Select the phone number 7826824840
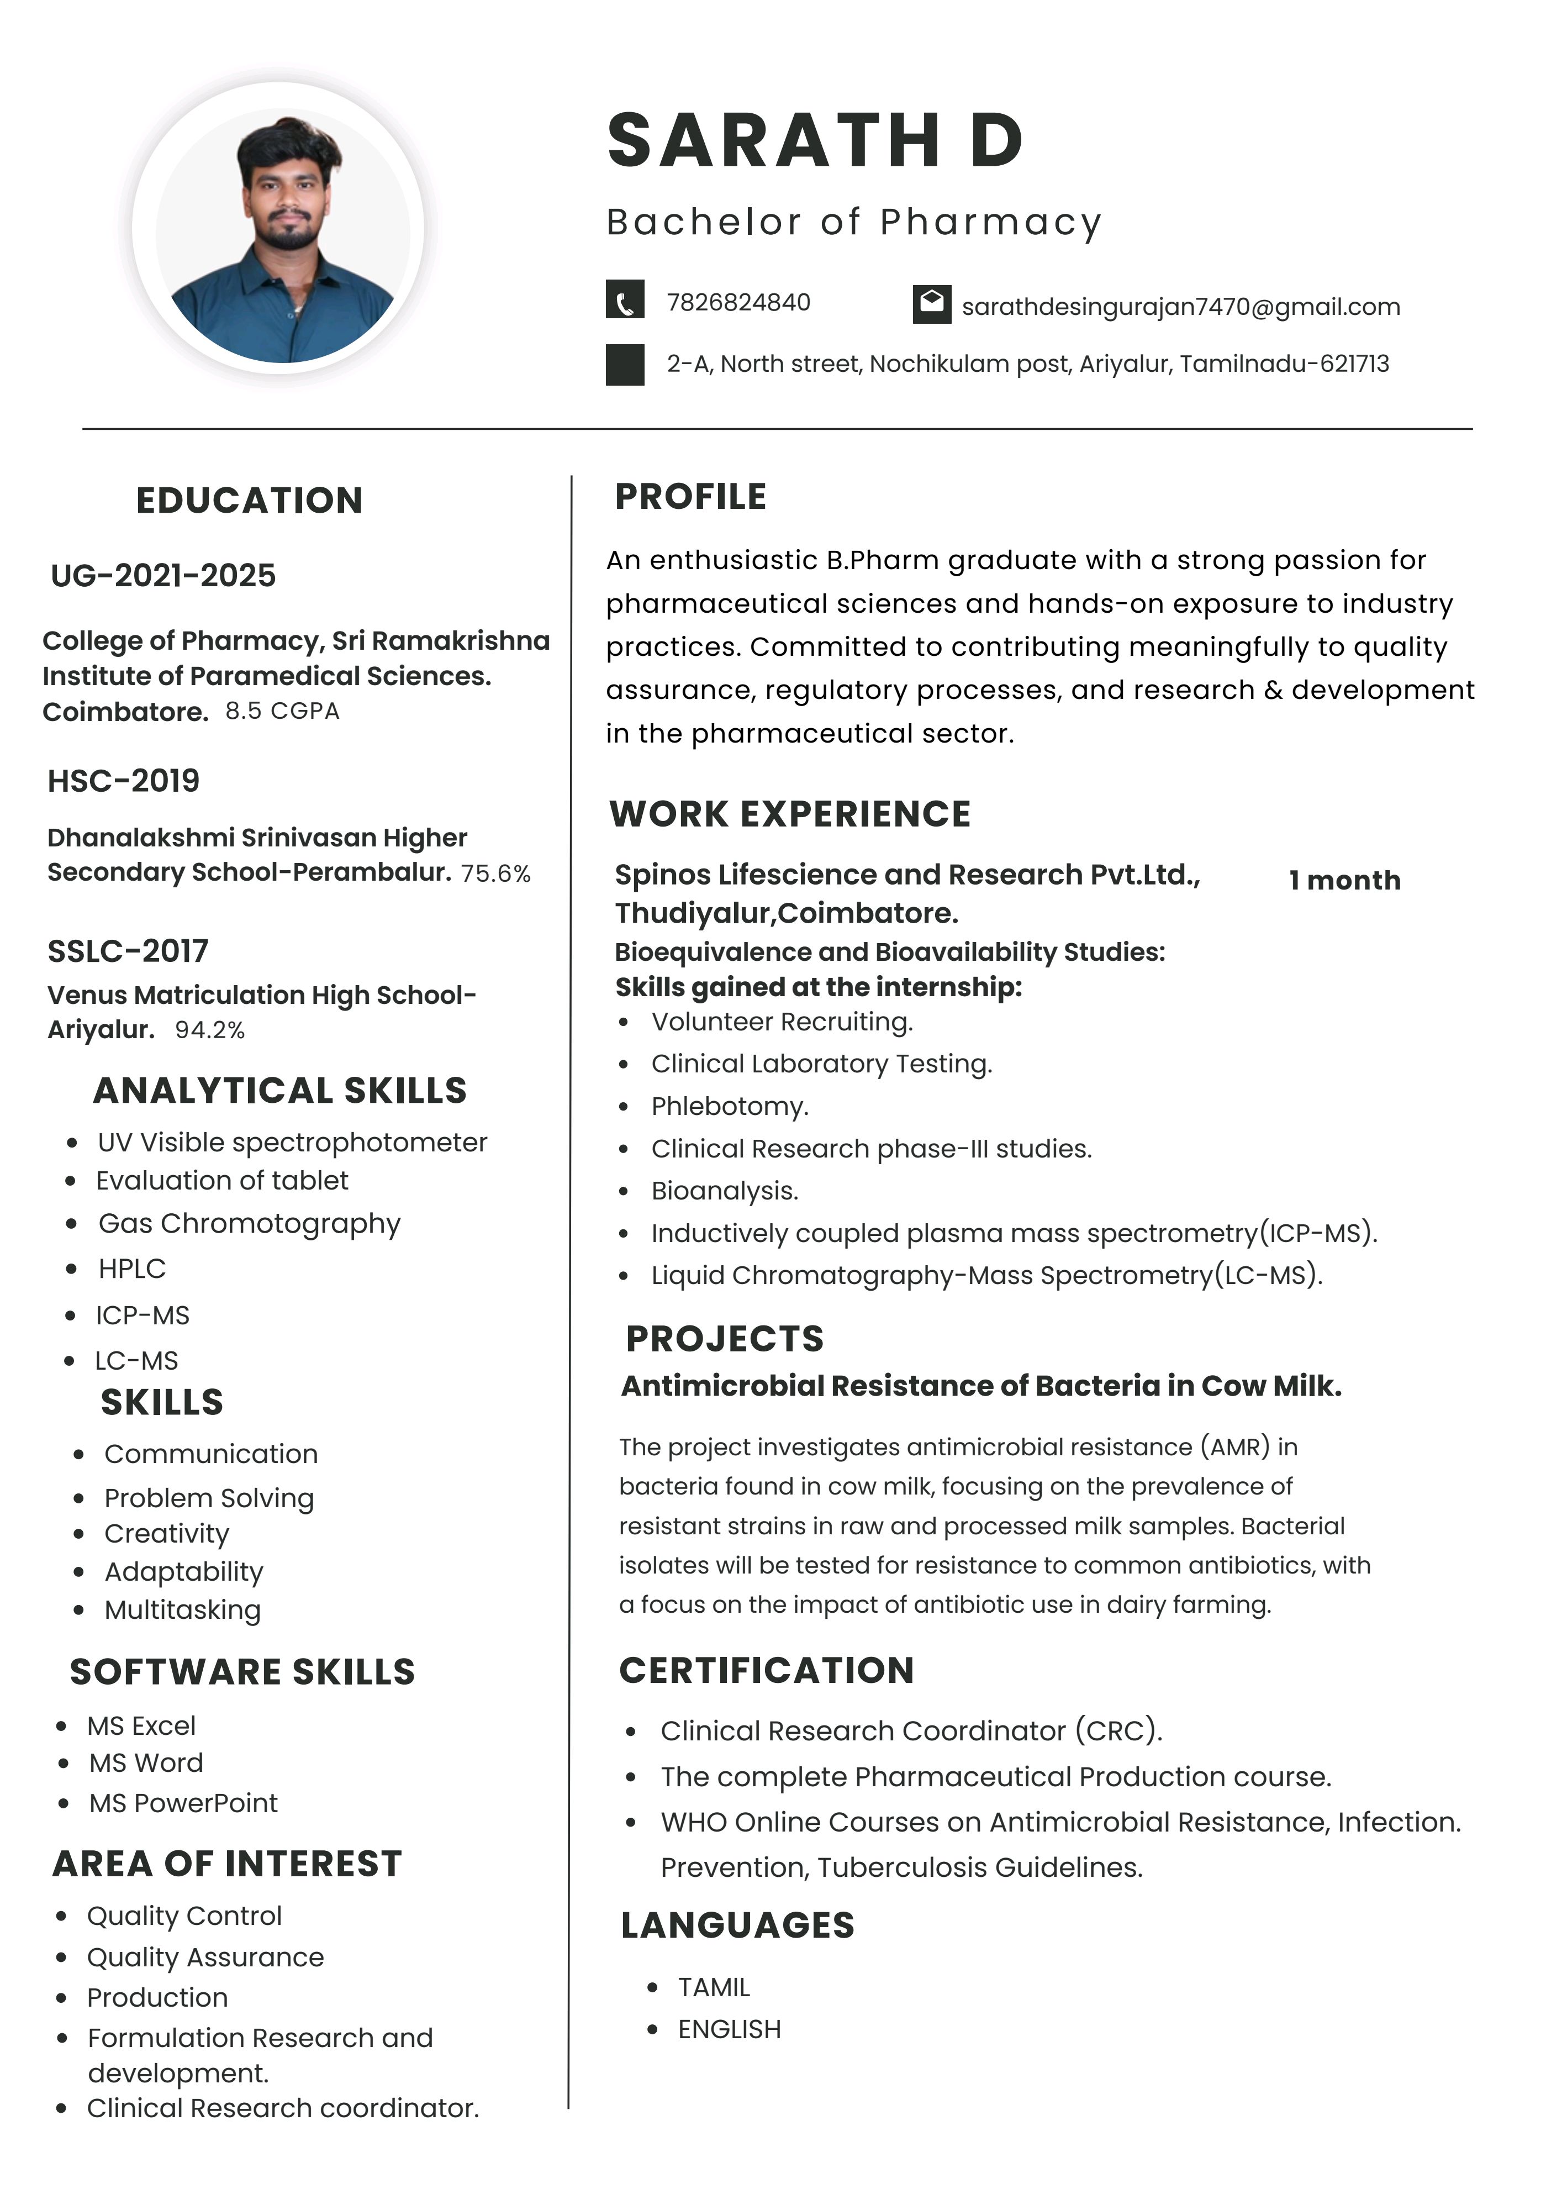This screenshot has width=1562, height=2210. [738, 302]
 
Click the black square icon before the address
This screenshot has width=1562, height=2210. [625, 365]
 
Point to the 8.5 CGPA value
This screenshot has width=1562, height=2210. [282, 711]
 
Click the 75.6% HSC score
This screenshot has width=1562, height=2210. [495, 873]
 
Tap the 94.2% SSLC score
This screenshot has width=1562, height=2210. [210, 1030]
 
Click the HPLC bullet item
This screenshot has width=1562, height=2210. [132, 1269]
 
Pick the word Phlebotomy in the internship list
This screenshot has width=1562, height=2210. [730, 1106]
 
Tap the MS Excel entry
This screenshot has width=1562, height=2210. [141, 1726]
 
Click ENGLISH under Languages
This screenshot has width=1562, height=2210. [729, 2029]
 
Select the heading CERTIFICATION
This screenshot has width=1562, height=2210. [766, 1670]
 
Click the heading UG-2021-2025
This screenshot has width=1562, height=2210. [162, 576]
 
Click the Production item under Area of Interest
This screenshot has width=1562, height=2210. [157, 1997]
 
